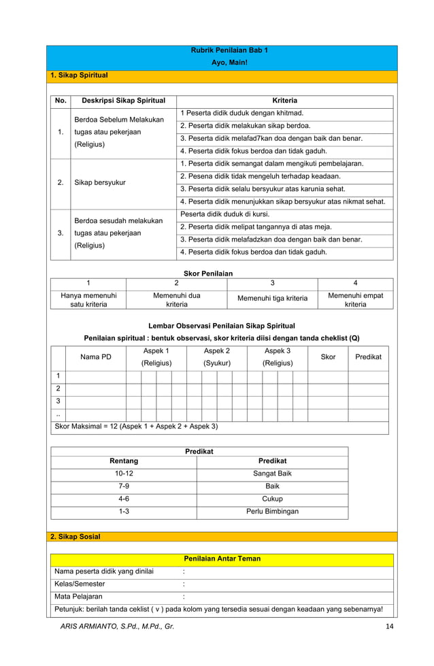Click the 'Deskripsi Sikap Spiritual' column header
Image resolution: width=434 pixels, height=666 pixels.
[x=123, y=101]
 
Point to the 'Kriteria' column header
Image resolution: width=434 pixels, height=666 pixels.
[x=284, y=101]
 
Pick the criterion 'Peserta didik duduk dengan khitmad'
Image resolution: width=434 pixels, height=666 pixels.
[x=242, y=113]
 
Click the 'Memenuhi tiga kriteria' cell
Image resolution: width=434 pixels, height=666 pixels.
[x=272, y=298]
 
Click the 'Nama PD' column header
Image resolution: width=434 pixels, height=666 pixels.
[x=96, y=356]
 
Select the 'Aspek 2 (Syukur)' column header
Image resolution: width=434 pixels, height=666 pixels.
[x=217, y=356]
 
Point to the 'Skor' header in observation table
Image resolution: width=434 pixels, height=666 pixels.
[x=328, y=356]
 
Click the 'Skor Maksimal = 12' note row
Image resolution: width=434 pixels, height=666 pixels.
[x=136, y=427]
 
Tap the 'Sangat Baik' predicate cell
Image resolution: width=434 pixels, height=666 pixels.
[x=272, y=473]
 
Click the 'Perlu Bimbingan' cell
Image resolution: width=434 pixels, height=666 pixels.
[x=272, y=512]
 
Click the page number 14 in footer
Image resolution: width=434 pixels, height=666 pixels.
[x=389, y=626]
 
